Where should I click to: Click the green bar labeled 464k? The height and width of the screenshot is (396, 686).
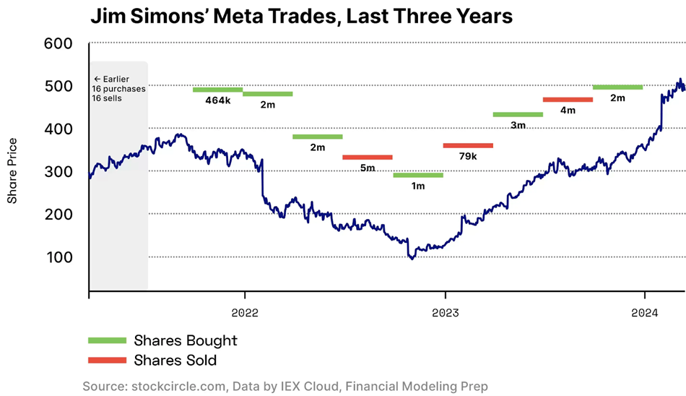click(x=217, y=90)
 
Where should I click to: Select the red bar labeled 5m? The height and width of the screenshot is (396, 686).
click(x=368, y=157)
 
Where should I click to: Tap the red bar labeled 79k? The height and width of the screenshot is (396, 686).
click(x=468, y=145)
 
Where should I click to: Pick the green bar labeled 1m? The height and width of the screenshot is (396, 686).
click(x=418, y=175)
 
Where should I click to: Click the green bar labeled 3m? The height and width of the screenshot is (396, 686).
click(x=518, y=114)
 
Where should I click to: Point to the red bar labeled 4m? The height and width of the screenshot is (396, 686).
click(x=568, y=100)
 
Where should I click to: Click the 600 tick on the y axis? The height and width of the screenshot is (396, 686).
click(x=58, y=44)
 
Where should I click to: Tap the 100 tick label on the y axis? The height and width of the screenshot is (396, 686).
click(x=58, y=257)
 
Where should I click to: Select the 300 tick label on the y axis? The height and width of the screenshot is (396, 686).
click(x=58, y=172)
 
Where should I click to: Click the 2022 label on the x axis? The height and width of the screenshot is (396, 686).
click(x=245, y=313)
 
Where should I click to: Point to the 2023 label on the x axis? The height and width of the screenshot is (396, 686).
click(x=445, y=313)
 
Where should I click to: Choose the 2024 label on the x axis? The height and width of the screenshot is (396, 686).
click(x=645, y=313)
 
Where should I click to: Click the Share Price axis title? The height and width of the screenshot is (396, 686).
click(x=12, y=171)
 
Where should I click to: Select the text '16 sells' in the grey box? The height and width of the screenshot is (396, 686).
click(x=107, y=98)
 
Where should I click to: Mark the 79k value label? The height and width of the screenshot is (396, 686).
click(x=468, y=156)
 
